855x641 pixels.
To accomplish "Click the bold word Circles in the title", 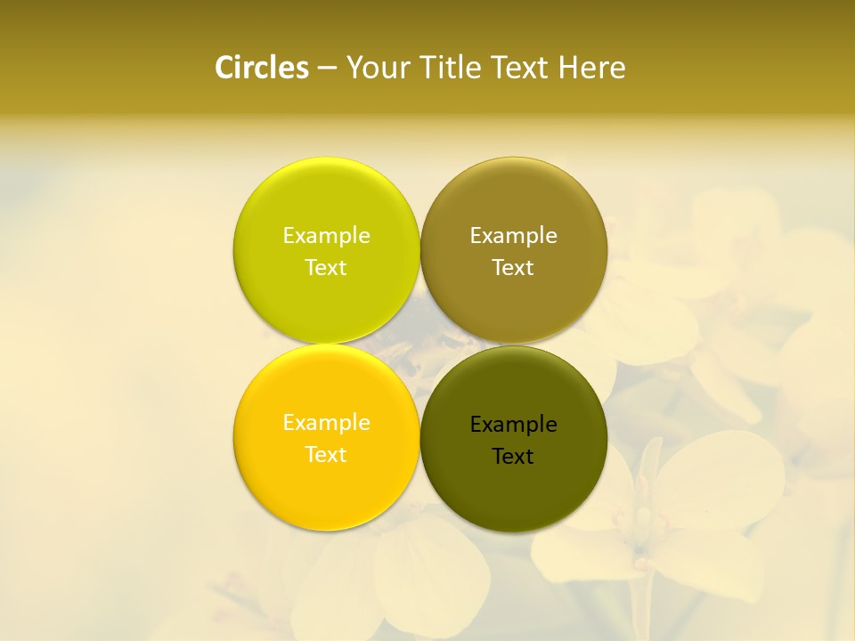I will point(262,68).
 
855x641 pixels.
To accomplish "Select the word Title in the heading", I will point(452,68).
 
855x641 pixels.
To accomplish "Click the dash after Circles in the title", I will point(327,68).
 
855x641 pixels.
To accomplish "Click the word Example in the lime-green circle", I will point(326,236).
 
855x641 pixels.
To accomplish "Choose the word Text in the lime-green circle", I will point(326,268).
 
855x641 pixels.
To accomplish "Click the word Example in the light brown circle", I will point(513,236).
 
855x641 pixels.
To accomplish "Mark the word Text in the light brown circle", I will point(513,268).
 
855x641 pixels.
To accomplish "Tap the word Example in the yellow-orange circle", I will point(326,423).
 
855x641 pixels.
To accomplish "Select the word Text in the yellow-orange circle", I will point(326,455).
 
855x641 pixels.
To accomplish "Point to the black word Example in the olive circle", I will point(513,425).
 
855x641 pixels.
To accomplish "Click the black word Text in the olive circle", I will point(513,457).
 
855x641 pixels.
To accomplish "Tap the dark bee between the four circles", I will point(419,343).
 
